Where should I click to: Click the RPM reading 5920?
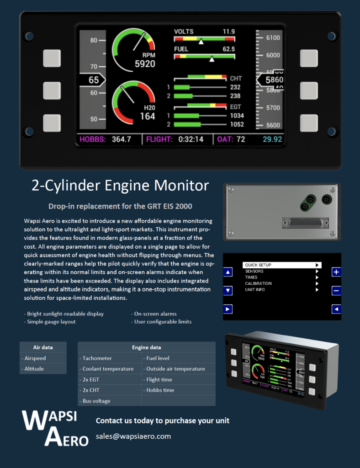click(x=145, y=64)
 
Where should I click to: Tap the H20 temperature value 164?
click(x=148, y=116)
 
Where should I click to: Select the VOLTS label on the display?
click(x=184, y=32)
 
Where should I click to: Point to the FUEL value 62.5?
click(x=228, y=49)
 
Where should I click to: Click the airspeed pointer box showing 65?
click(x=93, y=80)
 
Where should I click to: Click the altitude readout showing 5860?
click(x=274, y=80)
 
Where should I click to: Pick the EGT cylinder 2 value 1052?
click(x=237, y=124)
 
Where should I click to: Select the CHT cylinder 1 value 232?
click(x=235, y=87)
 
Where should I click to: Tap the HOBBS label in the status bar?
click(x=93, y=139)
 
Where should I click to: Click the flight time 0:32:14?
click(x=191, y=139)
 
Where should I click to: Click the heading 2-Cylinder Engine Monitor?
click(x=120, y=186)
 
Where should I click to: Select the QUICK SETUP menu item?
click(x=258, y=265)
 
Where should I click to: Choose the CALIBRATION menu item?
click(x=258, y=283)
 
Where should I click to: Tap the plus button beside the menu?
click(x=336, y=272)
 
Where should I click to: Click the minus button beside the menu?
click(x=336, y=291)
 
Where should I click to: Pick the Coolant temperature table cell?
click(x=108, y=369)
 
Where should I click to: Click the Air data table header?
click(x=43, y=347)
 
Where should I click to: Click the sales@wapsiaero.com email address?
click(x=133, y=436)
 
